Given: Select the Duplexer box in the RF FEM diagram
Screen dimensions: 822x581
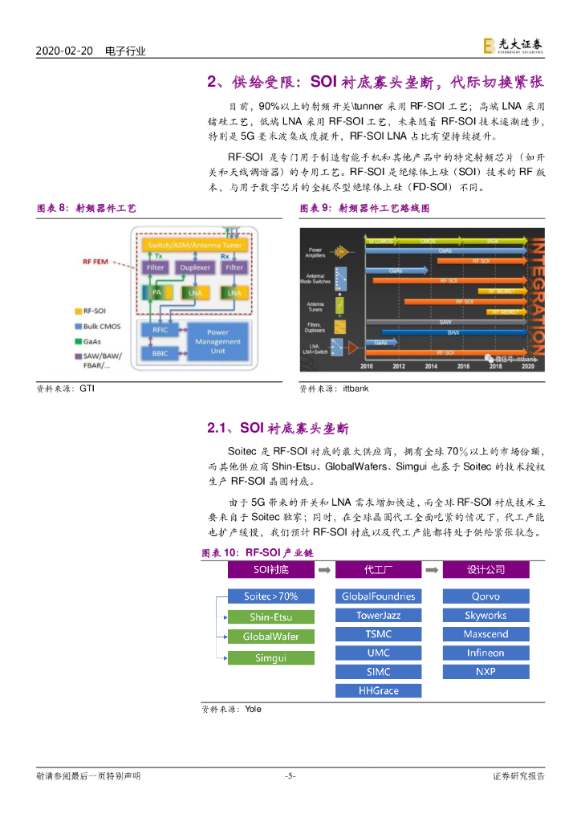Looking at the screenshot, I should (x=195, y=267).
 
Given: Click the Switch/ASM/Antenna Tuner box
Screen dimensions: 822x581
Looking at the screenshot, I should (x=192, y=243).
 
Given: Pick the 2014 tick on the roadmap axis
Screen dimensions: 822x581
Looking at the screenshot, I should (x=431, y=366).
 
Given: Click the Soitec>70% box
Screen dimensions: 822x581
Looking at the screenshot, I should (x=270, y=596).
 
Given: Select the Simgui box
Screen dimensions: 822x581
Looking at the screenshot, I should (x=270, y=658).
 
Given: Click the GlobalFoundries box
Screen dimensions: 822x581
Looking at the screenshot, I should (x=378, y=596).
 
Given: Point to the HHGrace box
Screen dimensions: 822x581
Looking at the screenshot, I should (x=378, y=690).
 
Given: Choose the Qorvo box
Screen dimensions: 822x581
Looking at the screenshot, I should (x=486, y=596).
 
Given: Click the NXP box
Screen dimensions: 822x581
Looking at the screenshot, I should (x=486, y=672).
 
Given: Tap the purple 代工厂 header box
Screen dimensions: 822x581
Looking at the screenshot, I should (x=378, y=570).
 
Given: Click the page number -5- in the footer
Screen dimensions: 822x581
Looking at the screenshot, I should (x=290, y=775).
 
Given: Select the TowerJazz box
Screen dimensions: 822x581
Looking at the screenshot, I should (x=378, y=616).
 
